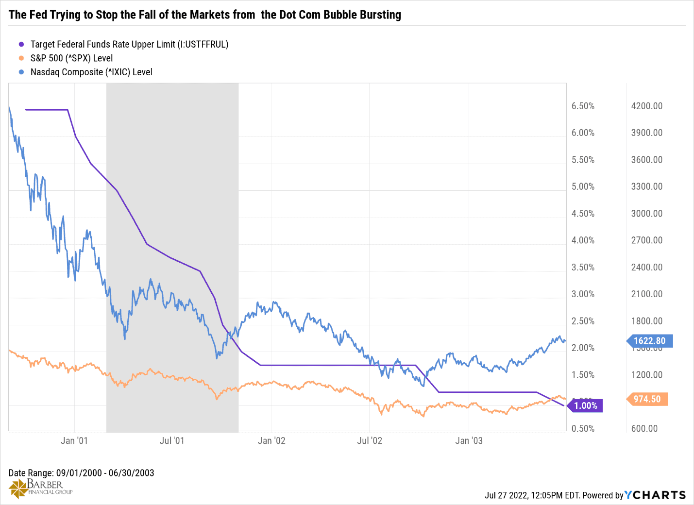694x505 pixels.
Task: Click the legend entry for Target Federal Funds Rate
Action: (x=129, y=44)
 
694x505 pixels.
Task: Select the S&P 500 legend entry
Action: (x=71, y=58)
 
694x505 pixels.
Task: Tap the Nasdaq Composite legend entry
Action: (x=91, y=72)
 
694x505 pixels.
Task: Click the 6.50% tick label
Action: (x=583, y=106)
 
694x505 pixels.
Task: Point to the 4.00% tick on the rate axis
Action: (x=583, y=240)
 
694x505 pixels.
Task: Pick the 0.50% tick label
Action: (x=583, y=429)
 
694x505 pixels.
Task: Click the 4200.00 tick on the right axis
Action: (x=646, y=106)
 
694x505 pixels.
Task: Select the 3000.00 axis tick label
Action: (x=646, y=214)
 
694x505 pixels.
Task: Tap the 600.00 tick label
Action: (x=644, y=429)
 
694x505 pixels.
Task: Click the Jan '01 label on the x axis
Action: (x=74, y=440)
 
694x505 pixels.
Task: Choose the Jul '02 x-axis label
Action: (x=370, y=440)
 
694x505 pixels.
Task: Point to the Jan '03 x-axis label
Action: (x=469, y=440)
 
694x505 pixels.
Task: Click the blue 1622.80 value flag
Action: (x=650, y=341)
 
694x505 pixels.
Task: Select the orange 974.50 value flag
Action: (x=647, y=399)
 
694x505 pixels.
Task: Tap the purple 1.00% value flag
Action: (x=586, y=406)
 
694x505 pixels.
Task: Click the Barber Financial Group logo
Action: (x=41, y=488)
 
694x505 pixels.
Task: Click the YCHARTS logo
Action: (x=655, y=495)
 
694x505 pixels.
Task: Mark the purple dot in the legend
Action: (x=21, y=44)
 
